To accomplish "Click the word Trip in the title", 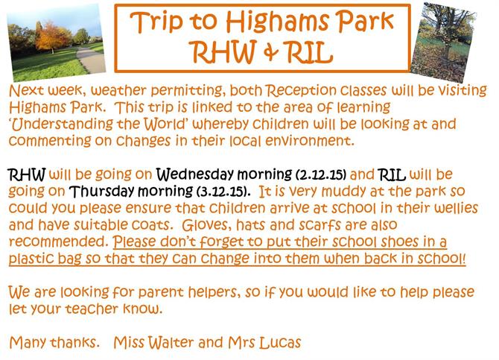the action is click(x=156, y=22).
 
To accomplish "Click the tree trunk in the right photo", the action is click(x=449, y=42).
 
